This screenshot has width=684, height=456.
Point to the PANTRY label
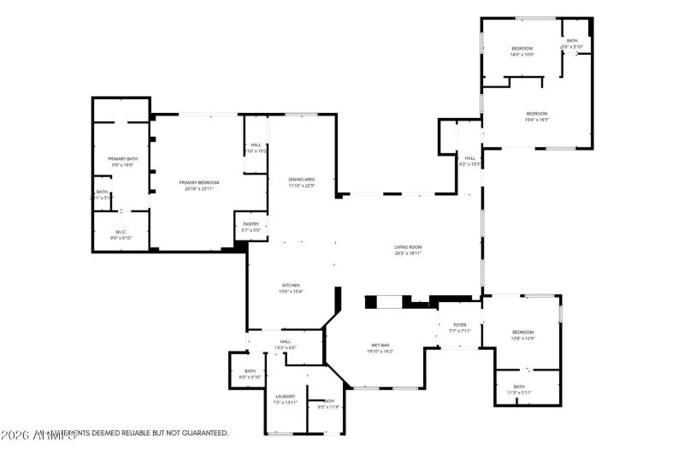[251, 224]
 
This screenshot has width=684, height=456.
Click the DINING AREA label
[302, 179]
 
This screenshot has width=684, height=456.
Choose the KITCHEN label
[292, 285]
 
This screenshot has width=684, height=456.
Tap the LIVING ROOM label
[408, 247]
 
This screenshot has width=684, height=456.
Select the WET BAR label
[380, 345]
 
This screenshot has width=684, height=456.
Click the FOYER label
[460, 325]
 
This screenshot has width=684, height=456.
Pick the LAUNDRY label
[286, 396]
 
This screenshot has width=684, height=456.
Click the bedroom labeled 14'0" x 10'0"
[522, 48]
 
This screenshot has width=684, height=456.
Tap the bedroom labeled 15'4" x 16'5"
[536, 114]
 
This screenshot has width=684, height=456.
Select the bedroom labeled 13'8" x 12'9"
[522, 332]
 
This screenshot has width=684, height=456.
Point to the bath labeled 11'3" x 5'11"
[519, 387]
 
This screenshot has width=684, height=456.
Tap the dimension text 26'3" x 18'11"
[408, 253]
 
